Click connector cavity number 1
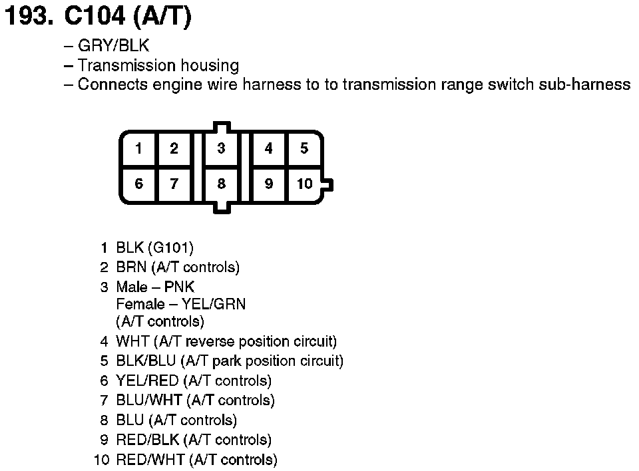tap(138, 148)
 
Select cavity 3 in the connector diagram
tap(221, 148)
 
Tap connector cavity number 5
tap(304, 148)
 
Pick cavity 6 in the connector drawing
tap(138, 184)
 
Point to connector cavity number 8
tap(221, 184)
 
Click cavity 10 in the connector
tap(304, 184)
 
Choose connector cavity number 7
tap(174, 184)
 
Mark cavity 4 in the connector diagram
tap(268, 148)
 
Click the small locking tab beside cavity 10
tap(328, 184)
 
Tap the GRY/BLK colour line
tap(113, 47)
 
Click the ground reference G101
tap(171, 248)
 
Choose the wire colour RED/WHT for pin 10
tap(150, 460)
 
